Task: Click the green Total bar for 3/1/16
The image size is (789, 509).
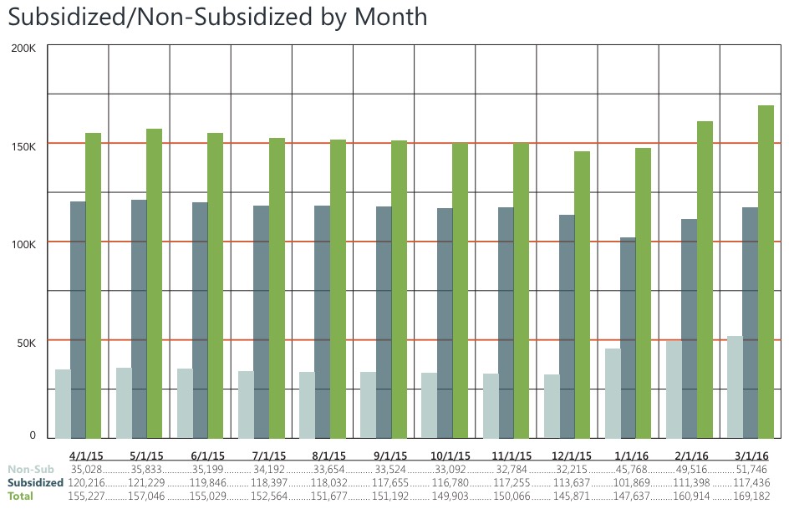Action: tap(766, 272)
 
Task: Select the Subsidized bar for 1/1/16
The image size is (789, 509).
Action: tap(628, 338)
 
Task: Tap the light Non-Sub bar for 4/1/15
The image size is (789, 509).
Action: tap(63, 404)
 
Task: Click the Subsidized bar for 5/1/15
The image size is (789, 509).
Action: tap(139, 318)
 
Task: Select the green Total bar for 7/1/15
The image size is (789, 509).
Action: tap(277, 288)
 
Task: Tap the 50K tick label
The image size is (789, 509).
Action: tap(26, 343)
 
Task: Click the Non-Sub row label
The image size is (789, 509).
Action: tap(31, 470)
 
